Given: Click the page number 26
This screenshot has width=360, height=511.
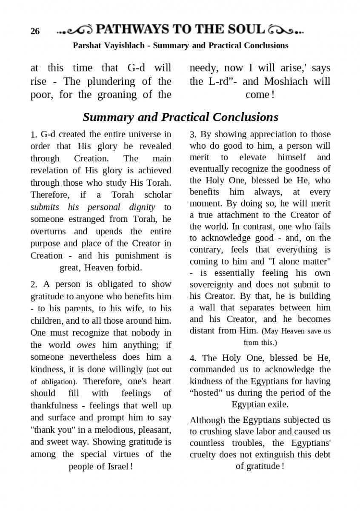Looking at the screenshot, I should point(35,32).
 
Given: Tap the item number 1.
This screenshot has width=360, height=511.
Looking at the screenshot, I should point(34,135).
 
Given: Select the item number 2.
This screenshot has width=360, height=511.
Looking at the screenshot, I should point(34,284).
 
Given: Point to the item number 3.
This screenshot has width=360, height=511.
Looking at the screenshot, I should point(193,135).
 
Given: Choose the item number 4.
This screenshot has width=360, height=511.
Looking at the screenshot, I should point(193,358).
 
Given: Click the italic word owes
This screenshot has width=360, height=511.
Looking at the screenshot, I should point(86,345).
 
